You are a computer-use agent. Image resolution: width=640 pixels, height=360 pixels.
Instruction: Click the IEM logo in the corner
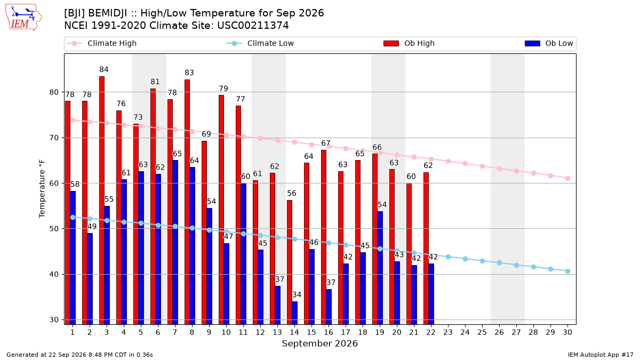23,18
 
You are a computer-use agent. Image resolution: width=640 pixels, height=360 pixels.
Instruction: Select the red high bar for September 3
102,201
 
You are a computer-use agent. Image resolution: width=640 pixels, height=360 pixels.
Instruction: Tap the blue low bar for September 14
294,313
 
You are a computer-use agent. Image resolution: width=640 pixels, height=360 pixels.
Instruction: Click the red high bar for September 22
426,249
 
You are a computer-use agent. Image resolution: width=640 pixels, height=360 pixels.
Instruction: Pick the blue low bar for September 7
175,242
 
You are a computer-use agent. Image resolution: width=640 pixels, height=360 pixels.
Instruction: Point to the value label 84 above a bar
104,69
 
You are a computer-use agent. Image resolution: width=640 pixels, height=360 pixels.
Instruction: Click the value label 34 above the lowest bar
297,294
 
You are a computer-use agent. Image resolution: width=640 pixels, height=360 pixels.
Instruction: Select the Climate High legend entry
101,43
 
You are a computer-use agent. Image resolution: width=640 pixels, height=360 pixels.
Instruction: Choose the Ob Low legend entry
549,43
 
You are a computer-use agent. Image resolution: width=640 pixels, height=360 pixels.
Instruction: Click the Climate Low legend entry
260,43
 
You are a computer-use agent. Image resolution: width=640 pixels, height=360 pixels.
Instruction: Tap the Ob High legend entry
409,43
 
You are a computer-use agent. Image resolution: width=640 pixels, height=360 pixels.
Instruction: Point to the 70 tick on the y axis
54,138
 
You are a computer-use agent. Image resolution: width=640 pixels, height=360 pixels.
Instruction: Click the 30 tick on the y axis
54,320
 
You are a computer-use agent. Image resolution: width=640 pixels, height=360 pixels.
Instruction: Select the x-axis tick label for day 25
482,332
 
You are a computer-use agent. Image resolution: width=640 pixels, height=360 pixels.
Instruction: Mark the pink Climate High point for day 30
567,178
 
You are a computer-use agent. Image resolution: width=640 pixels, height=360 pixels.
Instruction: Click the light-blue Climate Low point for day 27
517,266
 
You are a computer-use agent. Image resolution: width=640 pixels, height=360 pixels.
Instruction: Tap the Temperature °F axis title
42,189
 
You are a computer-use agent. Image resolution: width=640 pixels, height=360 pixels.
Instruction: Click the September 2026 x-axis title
319,343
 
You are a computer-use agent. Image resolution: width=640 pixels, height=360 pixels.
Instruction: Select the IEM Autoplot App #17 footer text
601,355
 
